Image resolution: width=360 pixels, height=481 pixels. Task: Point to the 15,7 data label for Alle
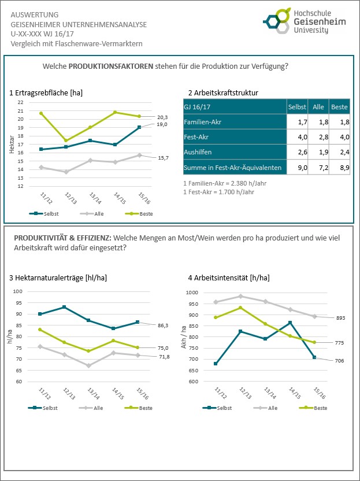coord(162,158)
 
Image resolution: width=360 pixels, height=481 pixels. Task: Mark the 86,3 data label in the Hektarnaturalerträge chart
coord(162,326)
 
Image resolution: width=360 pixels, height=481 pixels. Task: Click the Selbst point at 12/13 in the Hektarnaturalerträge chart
coord(64,307)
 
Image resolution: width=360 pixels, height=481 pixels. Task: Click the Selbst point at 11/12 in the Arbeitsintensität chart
coord(215,364)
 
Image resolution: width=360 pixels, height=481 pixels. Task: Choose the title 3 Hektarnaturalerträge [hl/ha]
coord(58,278)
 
